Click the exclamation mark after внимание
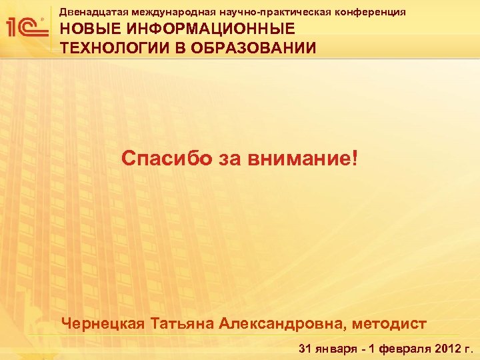click(353, 159)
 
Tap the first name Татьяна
click(183, 323)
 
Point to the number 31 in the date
click(305, 348)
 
